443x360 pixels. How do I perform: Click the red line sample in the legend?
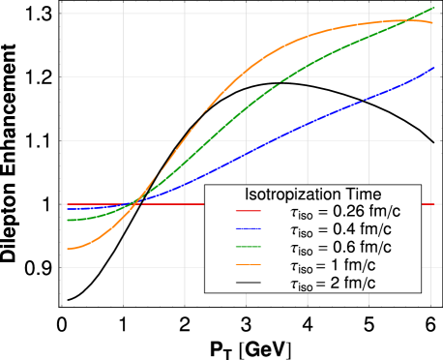[249, 211]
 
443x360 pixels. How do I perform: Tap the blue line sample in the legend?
[249, 229]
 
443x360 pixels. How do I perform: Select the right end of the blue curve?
[433, 68]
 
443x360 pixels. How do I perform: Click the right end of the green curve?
[433, 9]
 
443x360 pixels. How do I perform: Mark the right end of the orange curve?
[432, 22]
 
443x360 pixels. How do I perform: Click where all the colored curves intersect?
[134, 202]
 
